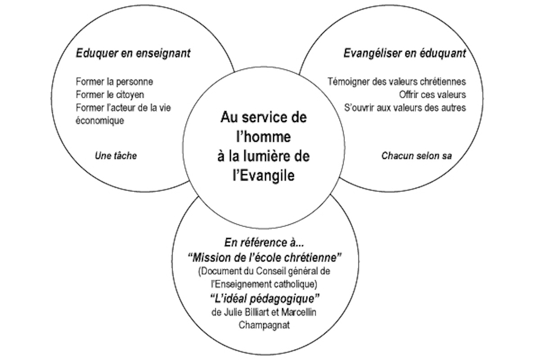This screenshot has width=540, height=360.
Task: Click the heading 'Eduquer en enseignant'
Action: point(133,54)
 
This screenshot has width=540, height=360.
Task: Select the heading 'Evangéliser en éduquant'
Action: point(405,54)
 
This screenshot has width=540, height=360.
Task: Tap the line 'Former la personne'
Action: point(114,82)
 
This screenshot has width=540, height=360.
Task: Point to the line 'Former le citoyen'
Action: point(110,94)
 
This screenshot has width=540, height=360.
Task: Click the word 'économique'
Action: point(100,120)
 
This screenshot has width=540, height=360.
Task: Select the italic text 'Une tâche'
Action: point(116,156)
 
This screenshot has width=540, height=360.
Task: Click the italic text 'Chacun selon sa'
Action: point(417,156)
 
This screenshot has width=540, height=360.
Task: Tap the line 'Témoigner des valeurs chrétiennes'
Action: point(397,82)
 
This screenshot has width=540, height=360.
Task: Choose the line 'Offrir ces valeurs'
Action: point(432,94)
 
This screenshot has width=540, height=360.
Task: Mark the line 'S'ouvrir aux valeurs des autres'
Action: point(405,108)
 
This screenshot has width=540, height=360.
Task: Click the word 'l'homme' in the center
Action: point(264,137)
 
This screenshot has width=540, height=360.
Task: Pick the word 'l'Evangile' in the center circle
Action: point(264,175)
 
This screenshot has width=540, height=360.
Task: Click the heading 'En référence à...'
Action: point(264,243)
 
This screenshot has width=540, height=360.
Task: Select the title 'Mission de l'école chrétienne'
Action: point(265,258)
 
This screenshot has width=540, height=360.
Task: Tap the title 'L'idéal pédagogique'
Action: point(265,299)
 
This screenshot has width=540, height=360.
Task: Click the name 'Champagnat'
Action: point(264,325)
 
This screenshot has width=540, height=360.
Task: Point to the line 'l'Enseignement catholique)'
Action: point(264,284)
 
